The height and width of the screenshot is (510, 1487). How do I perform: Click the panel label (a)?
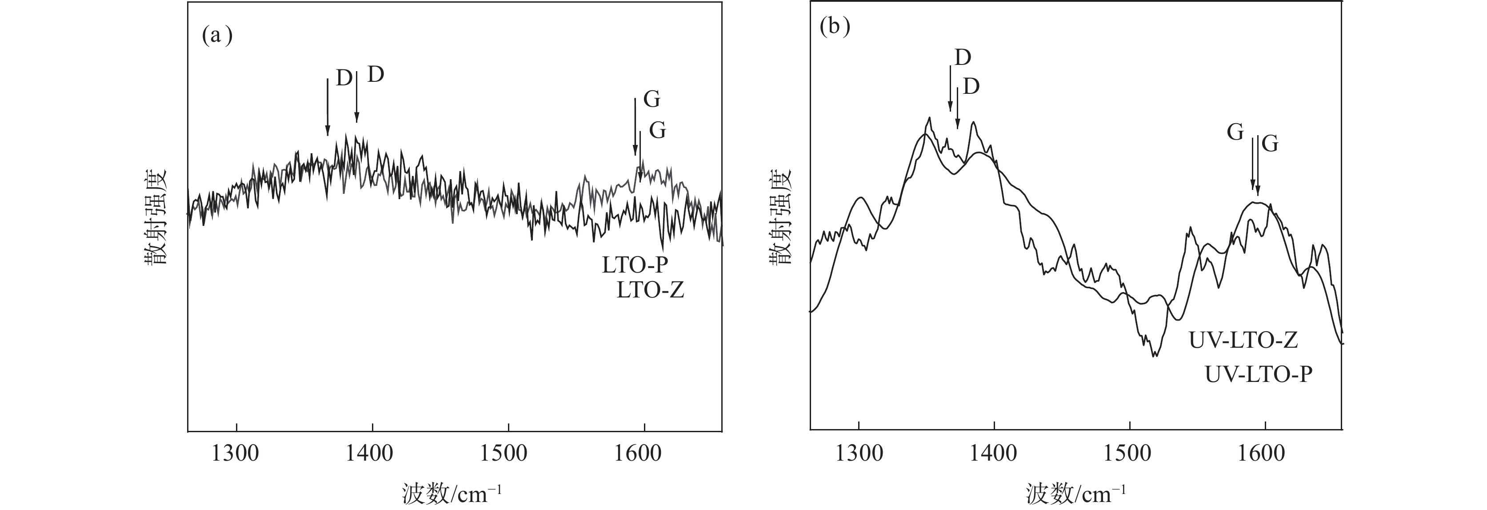(x=217, y=36)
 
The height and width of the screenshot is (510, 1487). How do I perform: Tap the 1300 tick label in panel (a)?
(x=236, y=454)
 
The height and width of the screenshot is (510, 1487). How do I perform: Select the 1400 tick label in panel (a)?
(x=371, y=454)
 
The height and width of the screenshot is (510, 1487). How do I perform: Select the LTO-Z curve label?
(x=650, y=290)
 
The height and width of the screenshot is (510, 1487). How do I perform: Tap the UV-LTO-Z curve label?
(x=1243, y=341)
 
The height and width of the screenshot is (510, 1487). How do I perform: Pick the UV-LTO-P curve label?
(x=1259, y=375)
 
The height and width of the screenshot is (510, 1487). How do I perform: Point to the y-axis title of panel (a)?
(x=155, y=217)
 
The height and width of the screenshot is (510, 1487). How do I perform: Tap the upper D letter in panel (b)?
(x=963, y=58)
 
